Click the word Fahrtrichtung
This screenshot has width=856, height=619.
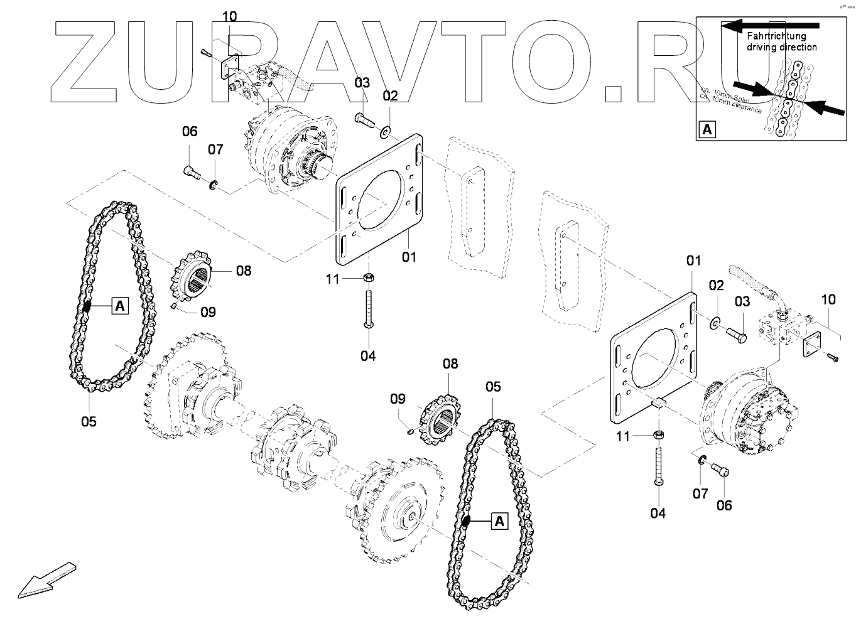click(x=776, y=36)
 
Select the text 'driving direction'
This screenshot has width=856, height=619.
click(x=781, y=47)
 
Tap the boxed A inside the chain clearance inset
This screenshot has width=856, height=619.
click(x=707, y=130)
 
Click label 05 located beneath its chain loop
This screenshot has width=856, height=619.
click(x=89, y=421)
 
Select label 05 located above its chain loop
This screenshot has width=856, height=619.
click(x=494, y=387)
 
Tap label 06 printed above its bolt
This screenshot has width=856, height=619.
click(x=190, y=131)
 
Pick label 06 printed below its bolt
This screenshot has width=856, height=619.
click(x=724, y=505)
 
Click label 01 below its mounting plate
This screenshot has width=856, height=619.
click(x=409, y=257)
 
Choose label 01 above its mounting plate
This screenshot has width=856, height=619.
click(x=693, y=260)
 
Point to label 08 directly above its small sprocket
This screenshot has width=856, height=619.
click(x=450, y=363)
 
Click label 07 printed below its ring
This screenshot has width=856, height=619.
click(x=701, y=494)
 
